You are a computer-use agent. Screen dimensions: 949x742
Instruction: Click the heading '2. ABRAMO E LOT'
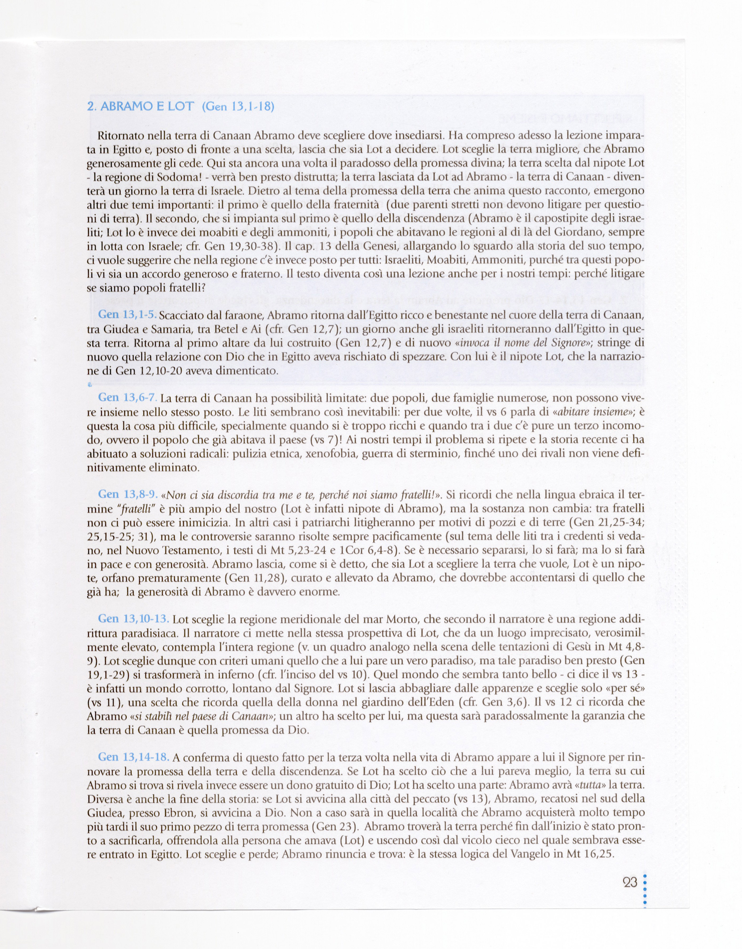(140, 107)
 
